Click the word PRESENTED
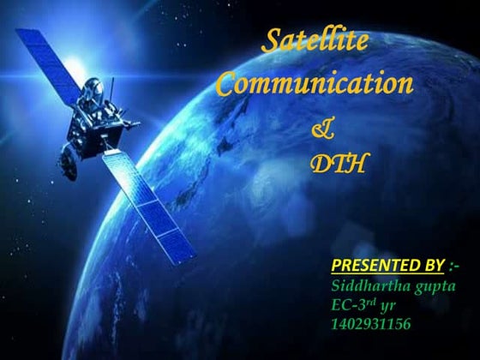click(x=369, y=261)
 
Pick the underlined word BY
click(x=428, y=261)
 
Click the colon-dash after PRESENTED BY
click(x=454, y=261)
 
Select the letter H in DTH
click(x=356, y=162)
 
